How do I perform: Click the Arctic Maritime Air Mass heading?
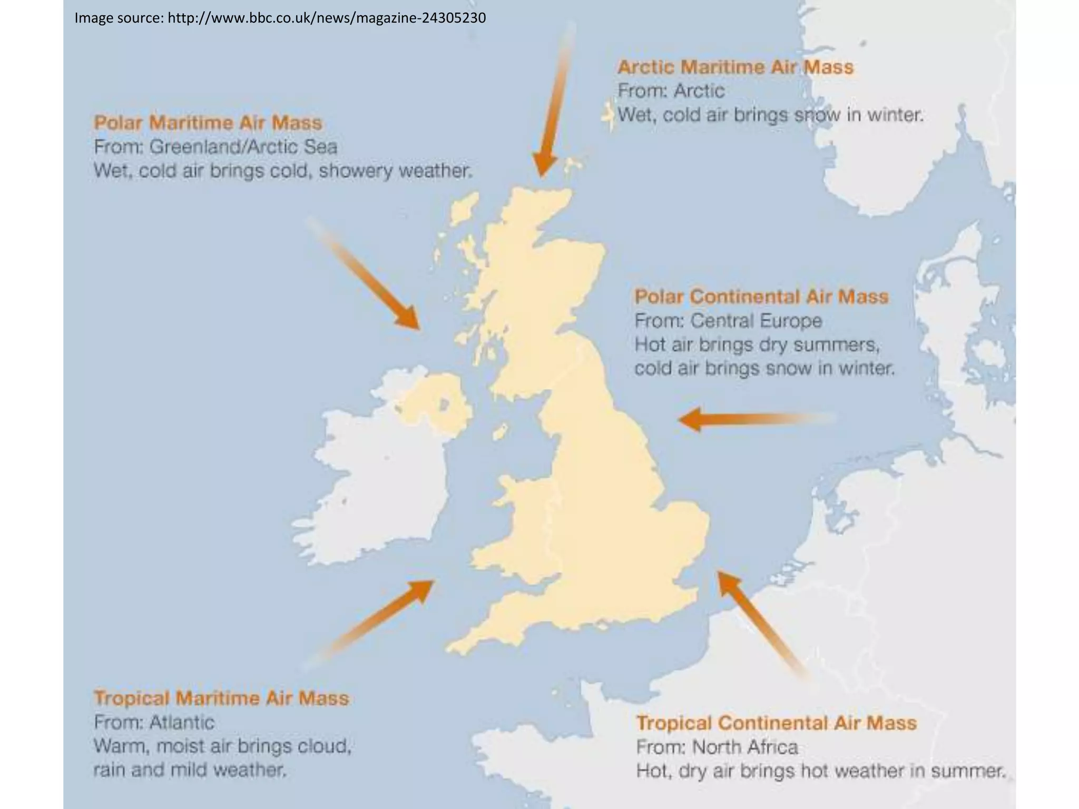(735, 67)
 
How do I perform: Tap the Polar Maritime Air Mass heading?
(208, 123)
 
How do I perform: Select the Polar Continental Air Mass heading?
(761, 297)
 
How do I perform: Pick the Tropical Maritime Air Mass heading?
(221, 698)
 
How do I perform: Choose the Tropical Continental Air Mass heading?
(776, 723)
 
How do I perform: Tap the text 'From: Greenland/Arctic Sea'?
(215, 147)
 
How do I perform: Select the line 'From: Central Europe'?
(728, 321)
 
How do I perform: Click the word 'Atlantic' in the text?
(182, 723)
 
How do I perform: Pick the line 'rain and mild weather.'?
(190, 771)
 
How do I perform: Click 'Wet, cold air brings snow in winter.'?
(770, 115)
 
